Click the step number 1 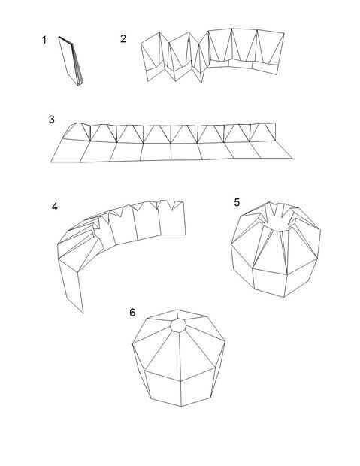[44, 40]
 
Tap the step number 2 [123, 38]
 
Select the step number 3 [51, 120]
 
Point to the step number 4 [55, 207]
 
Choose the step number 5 [237, 202]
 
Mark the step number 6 [132, 313]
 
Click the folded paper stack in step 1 [71, 61]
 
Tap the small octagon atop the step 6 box [178, 325]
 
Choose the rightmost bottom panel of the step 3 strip [271, 150]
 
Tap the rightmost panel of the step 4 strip [172, 219]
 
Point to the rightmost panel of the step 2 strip [269, 52]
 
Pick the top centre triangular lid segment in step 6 [178, 315]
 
